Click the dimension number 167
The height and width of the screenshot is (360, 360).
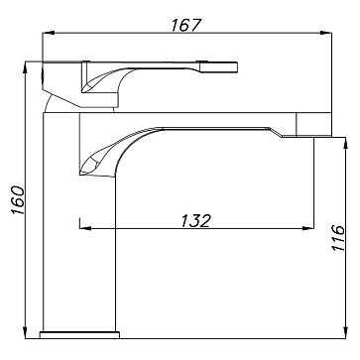[x=185, y=25]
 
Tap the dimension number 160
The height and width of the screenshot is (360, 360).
[x=18, y=200]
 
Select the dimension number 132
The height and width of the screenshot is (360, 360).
[x=195, y=221]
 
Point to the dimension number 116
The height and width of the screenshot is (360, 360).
[x=338, y=238]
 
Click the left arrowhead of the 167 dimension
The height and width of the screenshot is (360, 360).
[x=48, y=33]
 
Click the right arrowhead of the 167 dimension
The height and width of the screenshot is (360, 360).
[x=325, y=33]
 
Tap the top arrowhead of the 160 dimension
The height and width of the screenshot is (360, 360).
[x=26, y=68]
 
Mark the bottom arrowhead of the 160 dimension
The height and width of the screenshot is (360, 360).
[x=26, y=332]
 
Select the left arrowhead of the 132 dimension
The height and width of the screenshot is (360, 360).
[x=85, y=228]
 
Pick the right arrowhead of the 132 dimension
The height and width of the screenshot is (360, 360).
[x=308, y=228]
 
